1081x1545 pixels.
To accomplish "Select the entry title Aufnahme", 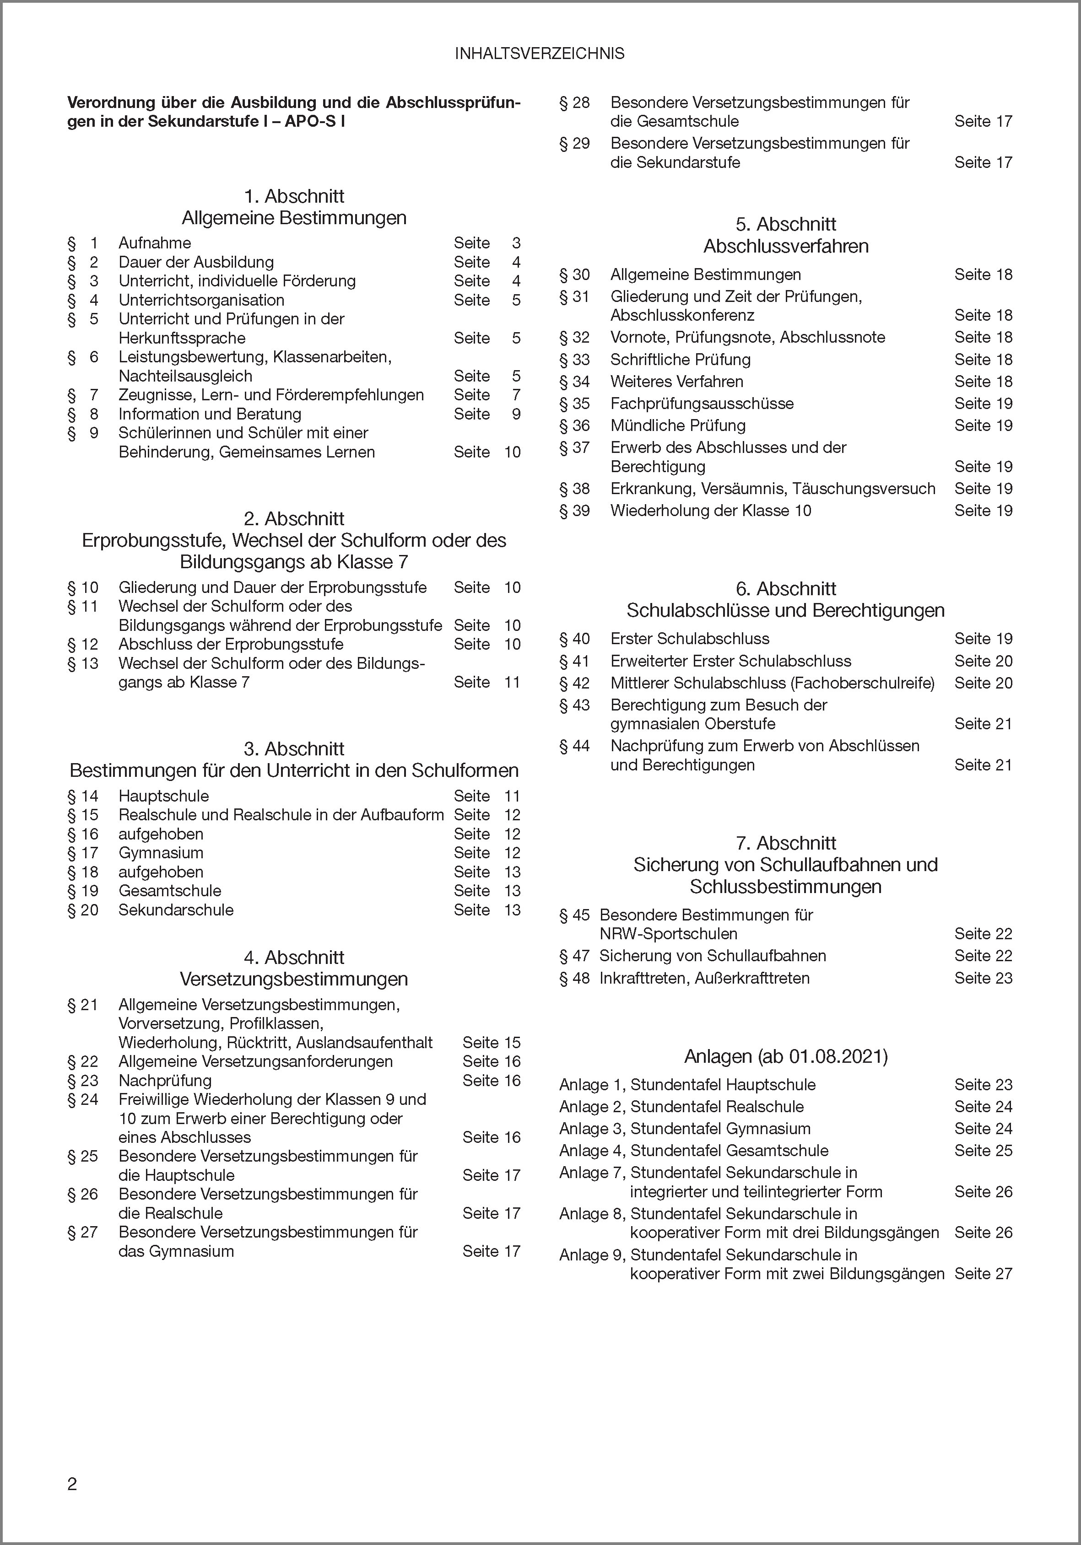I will [155, 243].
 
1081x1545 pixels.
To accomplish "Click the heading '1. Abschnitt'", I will [294, 196].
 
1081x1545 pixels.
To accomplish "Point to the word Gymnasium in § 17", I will [161, 853].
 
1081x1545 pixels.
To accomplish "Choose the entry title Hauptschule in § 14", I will [163, 796].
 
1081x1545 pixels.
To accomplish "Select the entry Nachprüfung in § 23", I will [165, 1081].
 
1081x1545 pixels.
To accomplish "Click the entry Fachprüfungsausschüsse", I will [702, 404].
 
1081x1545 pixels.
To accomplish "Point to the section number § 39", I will [574, 511].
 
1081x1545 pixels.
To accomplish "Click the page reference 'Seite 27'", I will [983, 1273].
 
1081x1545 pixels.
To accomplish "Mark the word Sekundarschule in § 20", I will [176, 910].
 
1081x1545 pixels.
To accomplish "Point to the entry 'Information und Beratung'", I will [210, 414].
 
